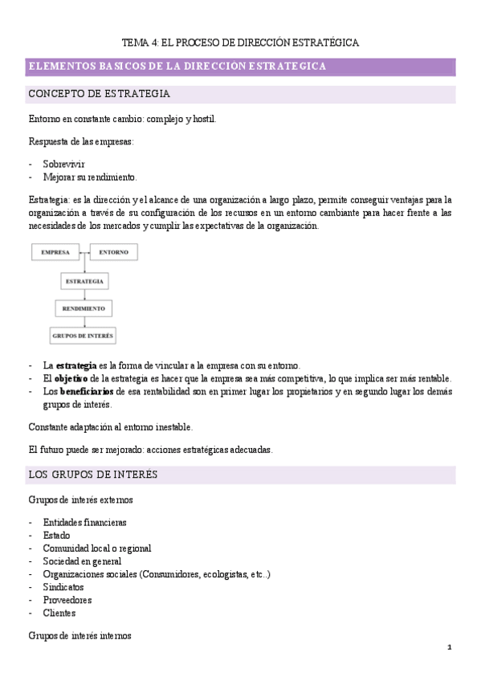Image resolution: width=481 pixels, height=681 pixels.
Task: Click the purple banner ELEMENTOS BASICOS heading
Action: pos(177,67)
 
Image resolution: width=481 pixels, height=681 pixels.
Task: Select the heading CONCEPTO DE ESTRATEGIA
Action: pos(99,94)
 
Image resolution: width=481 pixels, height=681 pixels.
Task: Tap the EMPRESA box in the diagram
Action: pos(55,252)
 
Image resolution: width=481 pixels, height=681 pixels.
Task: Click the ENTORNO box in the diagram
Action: pos(113,252)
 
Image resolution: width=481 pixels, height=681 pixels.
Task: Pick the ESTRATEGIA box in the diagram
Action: pos(84,281)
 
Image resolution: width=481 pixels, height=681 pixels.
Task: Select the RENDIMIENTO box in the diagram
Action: pos(84,308)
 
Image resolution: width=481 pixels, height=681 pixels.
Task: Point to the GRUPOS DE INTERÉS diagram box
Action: pos(83,335)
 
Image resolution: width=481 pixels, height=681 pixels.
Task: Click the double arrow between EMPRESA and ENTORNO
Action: pos(84,253)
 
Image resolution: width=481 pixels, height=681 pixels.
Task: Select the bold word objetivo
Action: pos(71,378)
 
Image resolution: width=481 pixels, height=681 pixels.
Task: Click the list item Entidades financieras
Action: pos(85,522)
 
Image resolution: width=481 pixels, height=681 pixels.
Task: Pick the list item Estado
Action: pos(57,535)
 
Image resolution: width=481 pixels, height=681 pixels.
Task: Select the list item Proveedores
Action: pos(67,600)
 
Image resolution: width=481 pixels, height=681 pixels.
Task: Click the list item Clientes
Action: pos(59,613)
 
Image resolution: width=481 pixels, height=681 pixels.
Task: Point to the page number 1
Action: pos(450,647)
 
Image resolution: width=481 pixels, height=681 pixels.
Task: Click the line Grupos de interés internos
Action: pos(80,636)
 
